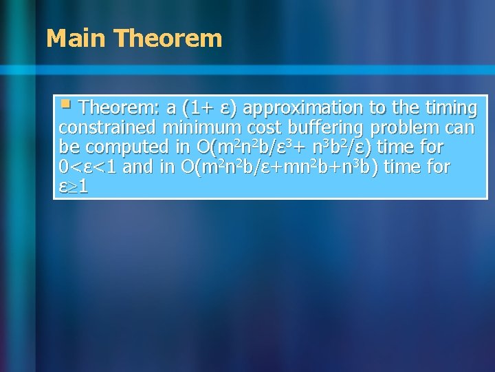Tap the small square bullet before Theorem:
[65, 105]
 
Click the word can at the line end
[460, 127]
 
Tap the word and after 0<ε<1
[137, 167]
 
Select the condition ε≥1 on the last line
[74, 186]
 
